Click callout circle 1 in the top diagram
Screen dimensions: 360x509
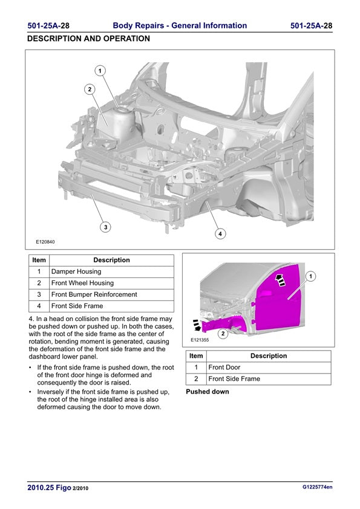[x=100, y=71]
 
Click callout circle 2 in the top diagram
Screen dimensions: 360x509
[x=90, y=89]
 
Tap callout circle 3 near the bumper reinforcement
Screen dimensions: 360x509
[x=106, y=227]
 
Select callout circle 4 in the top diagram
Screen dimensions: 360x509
[x=220, y=234]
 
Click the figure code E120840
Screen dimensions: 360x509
[x=45, y=242]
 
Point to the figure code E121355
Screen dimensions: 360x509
[x=200, y=340]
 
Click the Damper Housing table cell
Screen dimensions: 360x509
[x=111, y=271]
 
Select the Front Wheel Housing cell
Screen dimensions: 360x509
[x=111, y=283]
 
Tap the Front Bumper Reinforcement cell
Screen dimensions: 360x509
[x=111, y=295]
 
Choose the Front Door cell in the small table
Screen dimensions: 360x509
[x=269, y=368]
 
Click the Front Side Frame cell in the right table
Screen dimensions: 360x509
[x=269, y=379]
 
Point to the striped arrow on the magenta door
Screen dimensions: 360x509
[x=280, y=280]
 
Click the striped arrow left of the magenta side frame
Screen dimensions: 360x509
[x=197, y=325]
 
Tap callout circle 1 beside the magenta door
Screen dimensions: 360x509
[x=311, y=276]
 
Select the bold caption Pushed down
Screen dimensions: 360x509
[x=208, y=392]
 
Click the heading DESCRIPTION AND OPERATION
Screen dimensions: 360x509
[x=89, y=39]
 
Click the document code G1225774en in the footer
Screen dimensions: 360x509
[x=317, y=487]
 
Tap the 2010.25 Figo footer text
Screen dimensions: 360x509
[x=50, y=488]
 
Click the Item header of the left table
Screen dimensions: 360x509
[x=39, y=260]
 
